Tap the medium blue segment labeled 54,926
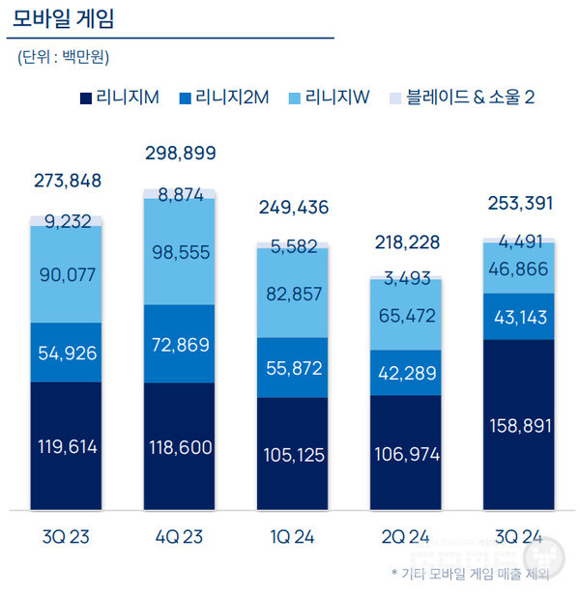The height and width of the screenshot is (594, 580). point(66,353)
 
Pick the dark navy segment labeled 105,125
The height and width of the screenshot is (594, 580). point(293,454)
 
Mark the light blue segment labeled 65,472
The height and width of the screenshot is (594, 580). point(406,315)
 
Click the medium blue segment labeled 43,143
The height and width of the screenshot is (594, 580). point(519,316)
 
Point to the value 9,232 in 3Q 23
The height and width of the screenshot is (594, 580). point(66,220)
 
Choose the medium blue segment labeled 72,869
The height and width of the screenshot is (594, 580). point(180,344)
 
